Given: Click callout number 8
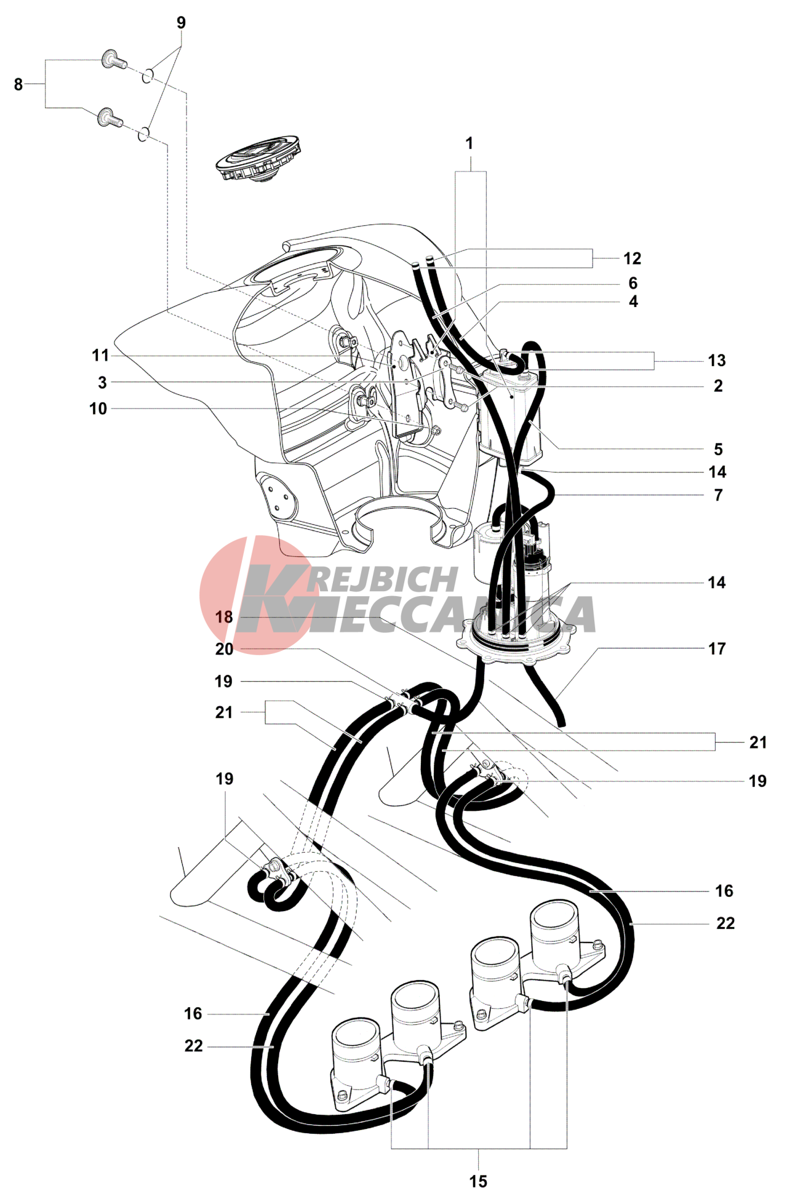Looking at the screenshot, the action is [18, 84].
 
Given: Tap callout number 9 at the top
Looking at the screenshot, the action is [181, 23].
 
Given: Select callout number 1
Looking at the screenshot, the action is [469, 143].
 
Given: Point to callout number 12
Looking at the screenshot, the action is [632, 258].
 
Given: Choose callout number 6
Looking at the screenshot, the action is [633, 283].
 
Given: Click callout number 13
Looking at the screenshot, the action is [717, 360].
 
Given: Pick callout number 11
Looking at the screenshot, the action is [100, 356].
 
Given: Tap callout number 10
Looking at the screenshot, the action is [98, 408].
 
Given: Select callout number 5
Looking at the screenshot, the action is [718, 449].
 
